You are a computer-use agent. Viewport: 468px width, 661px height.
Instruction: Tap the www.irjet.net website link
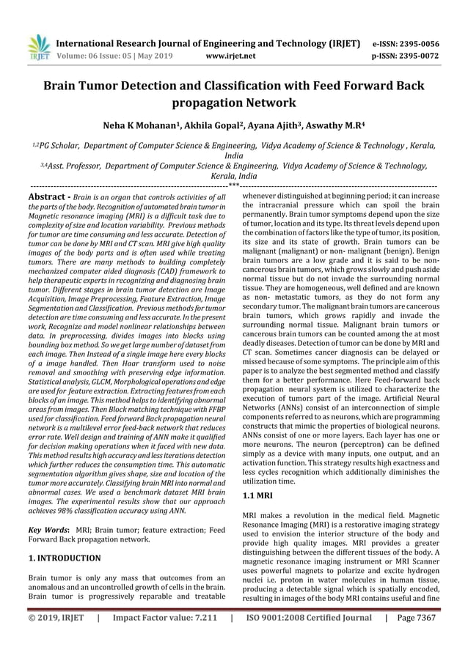pos(230,54)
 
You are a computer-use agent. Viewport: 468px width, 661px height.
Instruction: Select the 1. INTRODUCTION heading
pos(65,558)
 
